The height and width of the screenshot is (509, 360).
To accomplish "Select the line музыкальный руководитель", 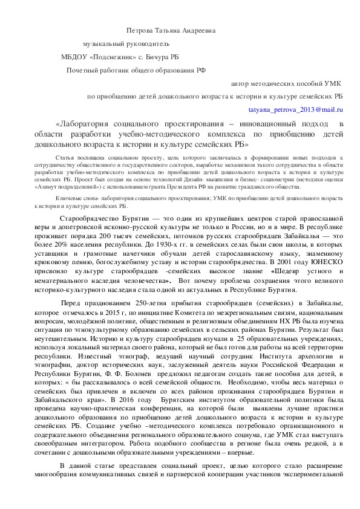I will click(126, 44).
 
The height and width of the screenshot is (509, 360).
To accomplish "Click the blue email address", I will click(296, 109).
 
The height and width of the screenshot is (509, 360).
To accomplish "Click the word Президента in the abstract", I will click(203, 187).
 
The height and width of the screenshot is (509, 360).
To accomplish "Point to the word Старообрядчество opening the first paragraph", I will click(96, 218).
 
